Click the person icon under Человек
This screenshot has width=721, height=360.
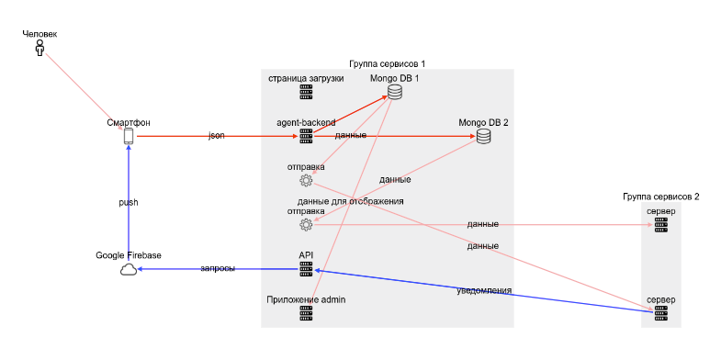click(x=39, y=48)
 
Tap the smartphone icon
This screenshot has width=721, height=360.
click(x=129, y=136)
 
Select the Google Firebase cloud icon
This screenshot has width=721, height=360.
click(x=129, y=269)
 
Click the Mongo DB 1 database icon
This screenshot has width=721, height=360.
click(x=395, y=92)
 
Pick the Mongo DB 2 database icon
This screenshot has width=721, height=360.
click(x=483, y=137)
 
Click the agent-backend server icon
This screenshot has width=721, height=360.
click(x=306, y=136)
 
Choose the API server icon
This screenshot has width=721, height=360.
click(x=306, y=269)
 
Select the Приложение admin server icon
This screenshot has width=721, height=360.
click(x=306, y=313)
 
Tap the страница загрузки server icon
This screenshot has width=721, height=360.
click(x=306, y=92)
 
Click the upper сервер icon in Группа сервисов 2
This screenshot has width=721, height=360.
click(x=660, y=225)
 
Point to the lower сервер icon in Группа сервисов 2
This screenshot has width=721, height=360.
click(x=660, y=313)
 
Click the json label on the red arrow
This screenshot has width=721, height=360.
click(x=217, y=136)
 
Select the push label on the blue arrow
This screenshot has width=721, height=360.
click(x=129, y=202)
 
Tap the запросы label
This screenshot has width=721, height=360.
click(x=218, y=269)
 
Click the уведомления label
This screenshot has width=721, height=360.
click(x=484, y=290)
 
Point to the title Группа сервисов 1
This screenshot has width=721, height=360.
click(x=387, y=63)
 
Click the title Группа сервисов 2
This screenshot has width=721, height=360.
click(x=660, y=197)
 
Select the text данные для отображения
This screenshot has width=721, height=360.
click(x=350, y=201)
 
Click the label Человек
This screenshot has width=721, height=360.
click(x=39, y=34)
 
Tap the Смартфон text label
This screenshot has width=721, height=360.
click(x=129, y=122)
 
